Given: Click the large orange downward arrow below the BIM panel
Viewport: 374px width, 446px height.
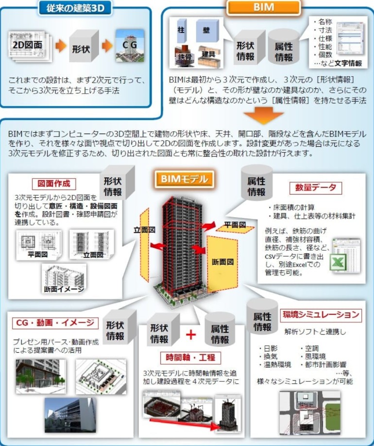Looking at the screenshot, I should pyautogui.click(x=264, y=116).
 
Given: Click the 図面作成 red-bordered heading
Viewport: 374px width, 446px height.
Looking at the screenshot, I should pyautogui.click(x=54, y=184).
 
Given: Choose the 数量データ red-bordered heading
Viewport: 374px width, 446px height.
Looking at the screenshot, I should pyautogui.click(x=315, y=188).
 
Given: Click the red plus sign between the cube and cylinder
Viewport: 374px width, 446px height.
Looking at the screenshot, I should pyautogui.click(x=190, y=334).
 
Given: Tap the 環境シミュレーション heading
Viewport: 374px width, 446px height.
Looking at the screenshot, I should pyautogui.click(x=322, y=314).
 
